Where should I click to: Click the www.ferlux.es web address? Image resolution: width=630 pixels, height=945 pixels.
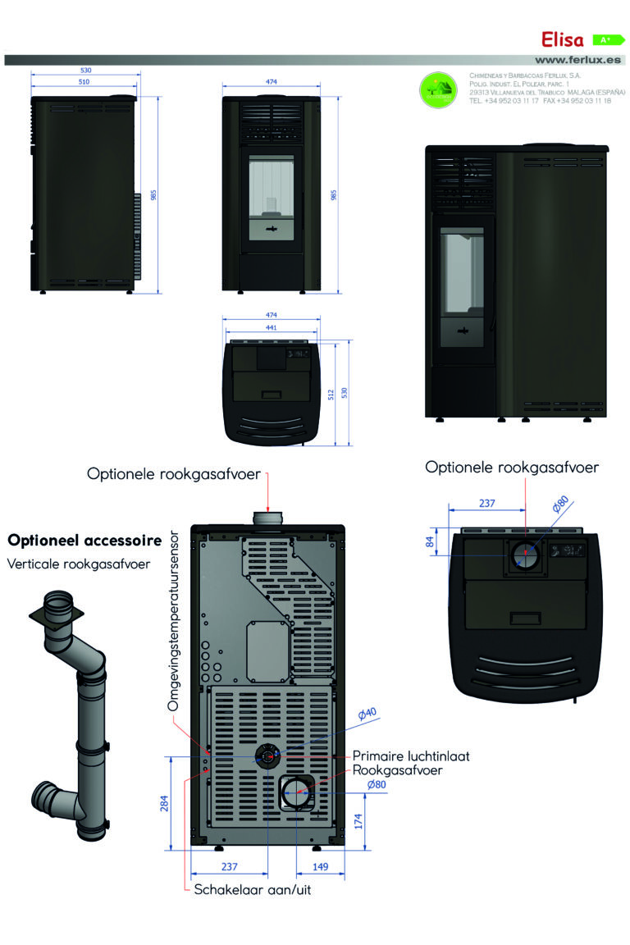[578, 60]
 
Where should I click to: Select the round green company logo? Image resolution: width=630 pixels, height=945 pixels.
[439, 90]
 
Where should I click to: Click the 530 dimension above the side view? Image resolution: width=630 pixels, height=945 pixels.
[85, 71]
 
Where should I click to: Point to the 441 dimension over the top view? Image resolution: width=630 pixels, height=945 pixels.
[271, 327]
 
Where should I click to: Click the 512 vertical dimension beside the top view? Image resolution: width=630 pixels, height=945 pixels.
[330, 395]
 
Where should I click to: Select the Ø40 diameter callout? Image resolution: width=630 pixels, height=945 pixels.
[367, 713]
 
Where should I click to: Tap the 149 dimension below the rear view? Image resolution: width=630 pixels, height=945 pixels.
[321, 866]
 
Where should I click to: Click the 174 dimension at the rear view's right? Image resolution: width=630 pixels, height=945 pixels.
[358, 821]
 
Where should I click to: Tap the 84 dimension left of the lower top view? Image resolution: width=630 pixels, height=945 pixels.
[430, 541]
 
